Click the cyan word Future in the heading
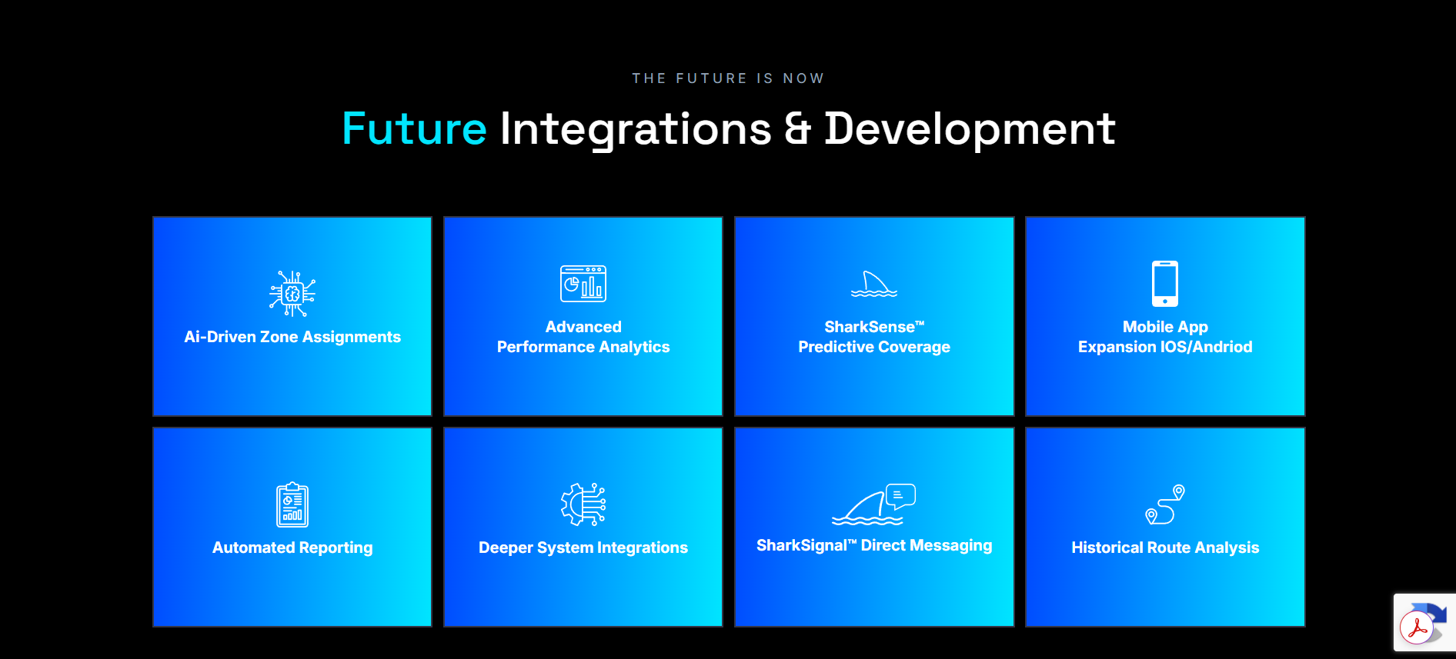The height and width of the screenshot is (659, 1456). coord(414,128)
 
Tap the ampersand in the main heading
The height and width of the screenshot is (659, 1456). coord(798,128)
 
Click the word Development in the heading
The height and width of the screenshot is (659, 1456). coord(970,129)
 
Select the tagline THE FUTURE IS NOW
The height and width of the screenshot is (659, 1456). coord(728,78)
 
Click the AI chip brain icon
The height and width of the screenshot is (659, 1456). coord(292,293)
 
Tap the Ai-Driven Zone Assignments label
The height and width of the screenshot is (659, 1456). coord(292,337)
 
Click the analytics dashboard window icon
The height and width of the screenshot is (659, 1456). coord(583,283)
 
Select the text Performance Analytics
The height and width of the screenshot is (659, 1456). coord(583,347)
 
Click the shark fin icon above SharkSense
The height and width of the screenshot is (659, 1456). coord(874,284)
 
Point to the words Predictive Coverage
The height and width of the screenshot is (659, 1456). coord(874,347)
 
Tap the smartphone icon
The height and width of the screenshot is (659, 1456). coord(1165,284)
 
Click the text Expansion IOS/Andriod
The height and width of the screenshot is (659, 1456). coord(1165,347)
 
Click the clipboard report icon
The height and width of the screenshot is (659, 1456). coord(292,504)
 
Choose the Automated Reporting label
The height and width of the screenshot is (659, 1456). coord(292,548)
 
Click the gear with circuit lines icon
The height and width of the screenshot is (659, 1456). coord(583,504)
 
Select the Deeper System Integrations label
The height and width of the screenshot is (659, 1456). coord(583,548)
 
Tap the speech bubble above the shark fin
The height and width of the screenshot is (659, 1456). coord(900,496)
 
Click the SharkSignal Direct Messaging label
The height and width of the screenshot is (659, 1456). coord(874,545)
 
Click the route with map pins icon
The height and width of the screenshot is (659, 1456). coord(1165,504)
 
